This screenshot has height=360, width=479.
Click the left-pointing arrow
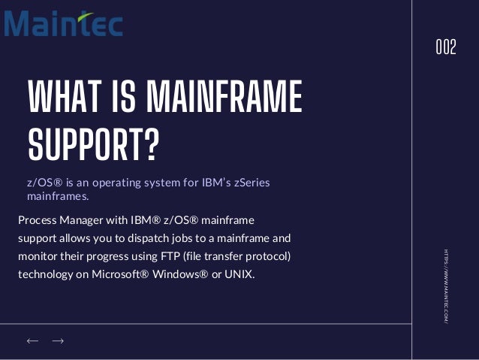(x=32, y=341)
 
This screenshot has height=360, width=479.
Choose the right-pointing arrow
(x=58, y=341)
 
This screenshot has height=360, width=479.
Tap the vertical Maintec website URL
(x=445, y=286)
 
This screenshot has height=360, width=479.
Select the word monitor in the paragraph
(x=38, y=256)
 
